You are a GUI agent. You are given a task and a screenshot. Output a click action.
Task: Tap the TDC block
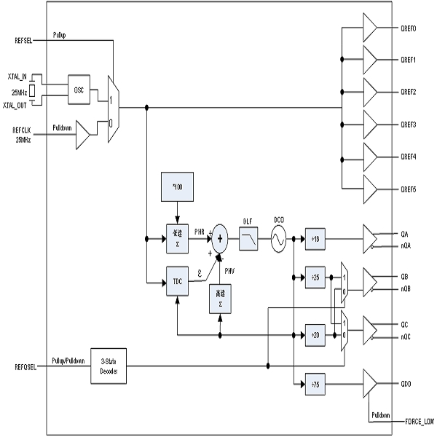coord(177,280)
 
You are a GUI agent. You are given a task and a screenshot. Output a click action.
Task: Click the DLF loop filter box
coord(249,238)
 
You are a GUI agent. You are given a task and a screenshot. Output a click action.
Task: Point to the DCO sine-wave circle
coord(278,238)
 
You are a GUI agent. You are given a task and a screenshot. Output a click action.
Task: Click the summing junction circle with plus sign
coord(220,238)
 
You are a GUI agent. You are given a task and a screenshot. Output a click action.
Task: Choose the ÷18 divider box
coord(315,238)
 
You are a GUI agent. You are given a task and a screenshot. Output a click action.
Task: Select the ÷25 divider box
coord(315,277)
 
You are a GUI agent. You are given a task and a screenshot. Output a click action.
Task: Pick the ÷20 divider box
coord(315,334)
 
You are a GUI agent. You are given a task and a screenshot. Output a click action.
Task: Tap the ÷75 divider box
coord(315,384)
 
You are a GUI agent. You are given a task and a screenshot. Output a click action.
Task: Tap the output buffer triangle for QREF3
coord(369,125)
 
